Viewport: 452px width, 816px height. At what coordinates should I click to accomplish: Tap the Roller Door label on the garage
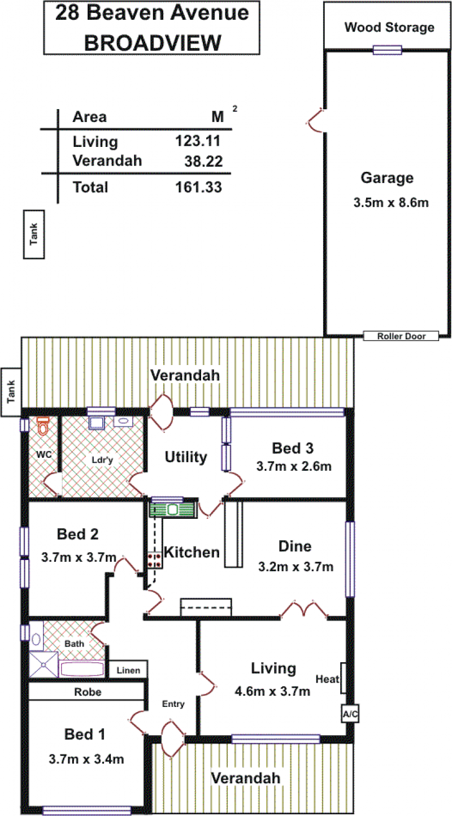[401, 336]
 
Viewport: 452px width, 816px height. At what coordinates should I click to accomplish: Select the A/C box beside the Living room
[350, 714]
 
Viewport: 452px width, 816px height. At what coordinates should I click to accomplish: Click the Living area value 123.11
[198, 141]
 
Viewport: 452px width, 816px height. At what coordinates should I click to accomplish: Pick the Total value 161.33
[198, 187]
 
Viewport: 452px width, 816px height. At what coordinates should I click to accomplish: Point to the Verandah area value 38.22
[203, 161]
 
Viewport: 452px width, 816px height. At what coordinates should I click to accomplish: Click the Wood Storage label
[389, 27]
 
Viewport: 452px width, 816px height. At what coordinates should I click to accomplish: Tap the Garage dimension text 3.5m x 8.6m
[391, 202]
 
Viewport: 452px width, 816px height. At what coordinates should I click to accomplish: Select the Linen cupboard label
[128, 670]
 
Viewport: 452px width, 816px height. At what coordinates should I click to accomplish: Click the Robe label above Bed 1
[88, 692]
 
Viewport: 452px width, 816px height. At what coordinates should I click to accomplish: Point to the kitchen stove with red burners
[155, 560]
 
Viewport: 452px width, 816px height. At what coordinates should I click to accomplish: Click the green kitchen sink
[173, 510]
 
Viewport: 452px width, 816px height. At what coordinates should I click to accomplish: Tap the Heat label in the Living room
[328, 679]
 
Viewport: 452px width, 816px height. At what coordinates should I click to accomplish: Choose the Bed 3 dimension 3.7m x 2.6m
[294, 466]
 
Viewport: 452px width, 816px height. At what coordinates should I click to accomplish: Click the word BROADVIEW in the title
[153, 43]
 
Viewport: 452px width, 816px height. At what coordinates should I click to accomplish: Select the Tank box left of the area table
[34, 235]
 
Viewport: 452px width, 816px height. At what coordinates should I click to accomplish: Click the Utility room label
[186, 457]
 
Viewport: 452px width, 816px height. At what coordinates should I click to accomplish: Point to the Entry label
[173, 704]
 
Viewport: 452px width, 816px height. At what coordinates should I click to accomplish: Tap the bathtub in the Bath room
[82, 669]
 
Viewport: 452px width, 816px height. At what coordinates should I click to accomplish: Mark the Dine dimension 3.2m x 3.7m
[295, 567]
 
